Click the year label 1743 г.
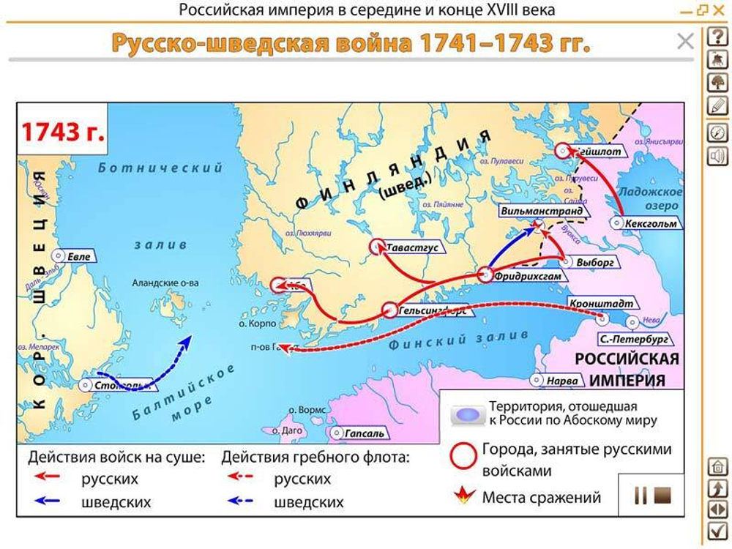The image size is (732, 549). click(x=62, y=132)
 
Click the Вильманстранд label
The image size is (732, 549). click(x=542, y=211)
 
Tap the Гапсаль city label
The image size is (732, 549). click(x=364, y=433)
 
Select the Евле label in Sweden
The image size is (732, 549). click(x=78, y=257)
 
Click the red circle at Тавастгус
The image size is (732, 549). click(x=378, y=247)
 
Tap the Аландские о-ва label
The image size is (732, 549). click(x=165, y=283)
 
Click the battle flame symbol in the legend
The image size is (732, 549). click(x=463, y=498)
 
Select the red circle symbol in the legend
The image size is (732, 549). click(x=463, y=456)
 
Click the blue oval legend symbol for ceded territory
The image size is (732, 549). click(x=467, y=415)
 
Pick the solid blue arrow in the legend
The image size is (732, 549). click(x=48, y=502)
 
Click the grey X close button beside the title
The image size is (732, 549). click(x=685, y=42)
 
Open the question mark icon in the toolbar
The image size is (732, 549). click(x=717, y=37)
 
